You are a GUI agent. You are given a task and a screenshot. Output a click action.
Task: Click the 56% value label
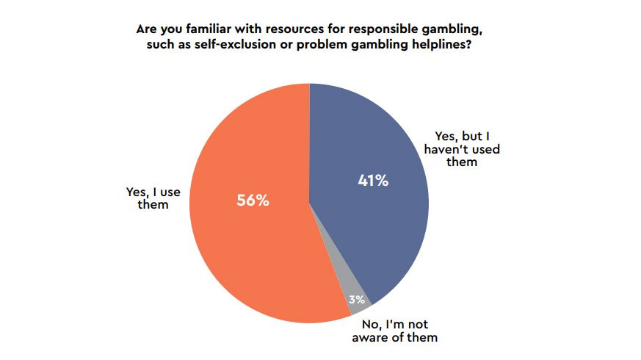(253, 200)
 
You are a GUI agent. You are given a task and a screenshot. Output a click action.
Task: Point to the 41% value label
(372, 180)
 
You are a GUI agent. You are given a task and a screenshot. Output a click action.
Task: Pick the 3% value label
(356, 299)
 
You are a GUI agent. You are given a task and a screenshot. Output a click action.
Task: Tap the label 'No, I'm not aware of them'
(401, 331)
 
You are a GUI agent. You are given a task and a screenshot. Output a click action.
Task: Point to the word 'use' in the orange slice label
(170, 192)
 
